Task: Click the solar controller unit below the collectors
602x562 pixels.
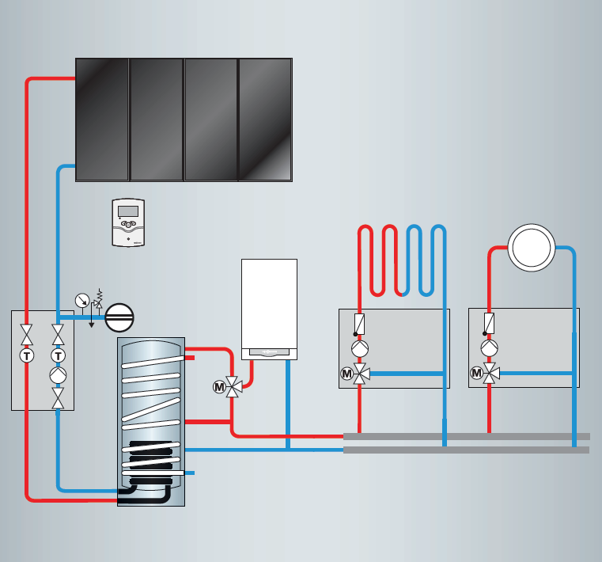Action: point(128,222)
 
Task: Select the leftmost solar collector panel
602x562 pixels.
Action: point(102,120)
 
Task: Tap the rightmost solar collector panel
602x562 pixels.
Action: point(265,120)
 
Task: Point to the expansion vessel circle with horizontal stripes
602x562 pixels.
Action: point(119,317)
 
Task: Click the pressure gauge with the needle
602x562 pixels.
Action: point(81,300)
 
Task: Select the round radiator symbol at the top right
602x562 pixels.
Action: point(531,247)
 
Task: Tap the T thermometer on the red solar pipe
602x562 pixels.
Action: point(27,356)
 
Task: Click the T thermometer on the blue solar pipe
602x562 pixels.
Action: point(58,356)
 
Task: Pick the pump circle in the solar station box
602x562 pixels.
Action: point(58,375)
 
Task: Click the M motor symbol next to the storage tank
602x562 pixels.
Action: point(219,387)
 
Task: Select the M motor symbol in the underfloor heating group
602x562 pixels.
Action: point(346,374)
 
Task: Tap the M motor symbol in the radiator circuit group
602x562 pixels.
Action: point(476,373)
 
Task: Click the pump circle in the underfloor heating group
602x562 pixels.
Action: point(360,348)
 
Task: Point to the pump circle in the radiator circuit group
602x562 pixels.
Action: point(489,348)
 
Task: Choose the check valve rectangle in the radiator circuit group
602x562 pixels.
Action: point(489,323)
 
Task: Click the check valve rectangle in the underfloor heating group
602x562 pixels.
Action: point(360,323)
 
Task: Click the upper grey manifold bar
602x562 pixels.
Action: point(467,436)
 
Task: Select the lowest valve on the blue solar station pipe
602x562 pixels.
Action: point(58,397)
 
